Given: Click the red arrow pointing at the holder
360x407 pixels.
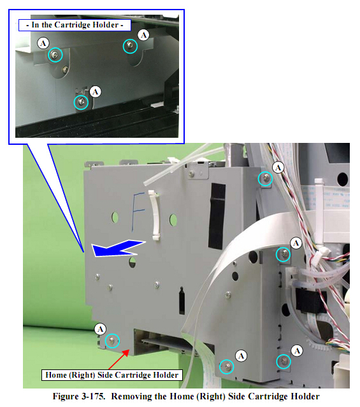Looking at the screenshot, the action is coord(119,359).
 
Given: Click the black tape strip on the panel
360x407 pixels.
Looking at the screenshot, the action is coord(217,216).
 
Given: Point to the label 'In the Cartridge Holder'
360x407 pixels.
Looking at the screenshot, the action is coord(75,25).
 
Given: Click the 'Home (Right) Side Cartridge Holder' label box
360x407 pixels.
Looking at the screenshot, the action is coord(112,375).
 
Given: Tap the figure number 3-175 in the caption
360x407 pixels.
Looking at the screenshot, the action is coord(94,397).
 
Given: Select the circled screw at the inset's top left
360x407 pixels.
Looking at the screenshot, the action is coord(55,55).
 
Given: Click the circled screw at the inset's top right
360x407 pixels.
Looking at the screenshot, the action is coord(130,46).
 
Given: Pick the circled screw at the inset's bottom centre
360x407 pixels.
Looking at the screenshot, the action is coord(81,102).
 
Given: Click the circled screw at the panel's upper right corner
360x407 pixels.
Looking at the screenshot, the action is coord(266,179).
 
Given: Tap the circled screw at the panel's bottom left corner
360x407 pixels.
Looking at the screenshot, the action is coord(112,340).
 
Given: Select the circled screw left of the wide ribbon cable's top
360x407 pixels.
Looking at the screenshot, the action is coord(283,254).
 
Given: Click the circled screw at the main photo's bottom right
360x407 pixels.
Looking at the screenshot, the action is coord(284,361).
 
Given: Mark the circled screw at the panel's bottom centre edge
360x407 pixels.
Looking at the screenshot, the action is coord(227,367).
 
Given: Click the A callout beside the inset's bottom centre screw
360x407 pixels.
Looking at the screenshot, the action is coord(96,92).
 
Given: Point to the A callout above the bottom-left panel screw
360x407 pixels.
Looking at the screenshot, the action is coord(101,329).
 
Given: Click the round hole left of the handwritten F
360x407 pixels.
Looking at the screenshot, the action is coord(115,217).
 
